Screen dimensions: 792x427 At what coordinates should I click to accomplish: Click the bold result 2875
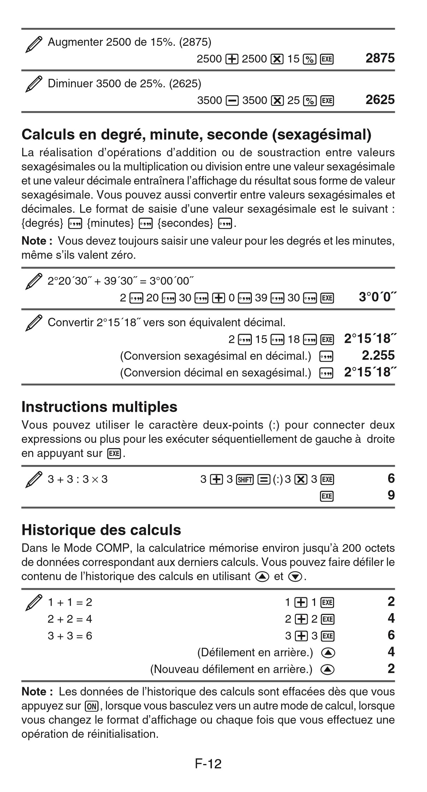click(380, 58)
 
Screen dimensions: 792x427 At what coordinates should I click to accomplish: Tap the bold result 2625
click(380, 100)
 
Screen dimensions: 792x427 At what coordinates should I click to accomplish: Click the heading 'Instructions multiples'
click(99, 407)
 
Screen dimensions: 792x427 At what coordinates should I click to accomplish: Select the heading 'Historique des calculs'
click(101, 530)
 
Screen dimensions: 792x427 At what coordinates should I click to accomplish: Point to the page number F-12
click(208, 764)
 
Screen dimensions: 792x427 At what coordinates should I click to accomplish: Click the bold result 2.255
click(378, 355)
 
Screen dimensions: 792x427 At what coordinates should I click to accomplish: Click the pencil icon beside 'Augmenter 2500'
click(34, 44)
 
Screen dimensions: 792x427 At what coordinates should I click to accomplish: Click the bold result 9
click(391, 495)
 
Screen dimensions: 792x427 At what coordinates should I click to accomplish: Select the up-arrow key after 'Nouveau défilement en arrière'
click(327, 669)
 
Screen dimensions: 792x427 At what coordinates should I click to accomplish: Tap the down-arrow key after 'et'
click(295, 577)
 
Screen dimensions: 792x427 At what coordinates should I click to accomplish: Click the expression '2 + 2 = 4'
click(70, 619)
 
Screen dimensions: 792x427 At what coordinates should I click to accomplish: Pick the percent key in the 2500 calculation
click(310, 59)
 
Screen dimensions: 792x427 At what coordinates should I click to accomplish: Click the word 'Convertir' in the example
click(70, 322)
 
